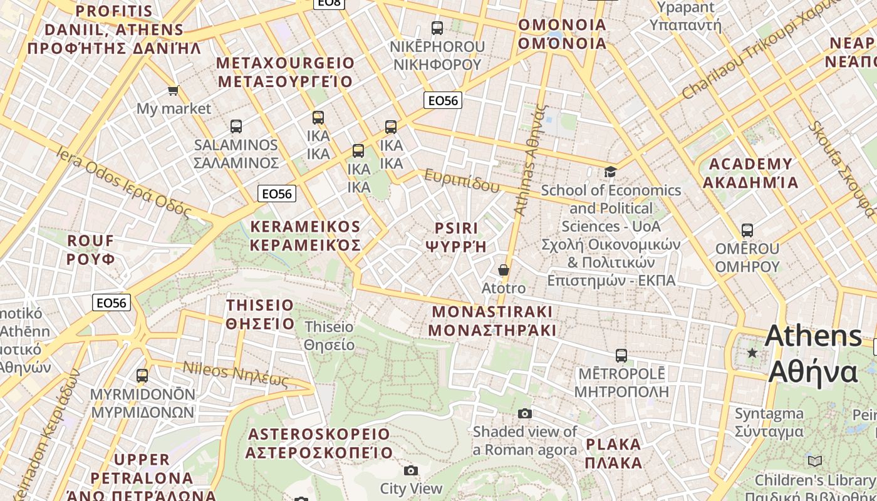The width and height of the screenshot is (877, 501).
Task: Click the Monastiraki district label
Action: coord(493,321)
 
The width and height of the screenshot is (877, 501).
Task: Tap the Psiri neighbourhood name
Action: coord(456,237)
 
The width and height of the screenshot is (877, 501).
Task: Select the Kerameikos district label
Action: coord(305,235)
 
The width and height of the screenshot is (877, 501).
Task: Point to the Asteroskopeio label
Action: coord(319,443)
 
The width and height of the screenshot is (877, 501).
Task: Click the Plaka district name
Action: coord(614,453)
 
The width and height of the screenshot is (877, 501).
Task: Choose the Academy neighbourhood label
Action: coord(750,173)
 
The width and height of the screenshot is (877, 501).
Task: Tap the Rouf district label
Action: coord(91,249)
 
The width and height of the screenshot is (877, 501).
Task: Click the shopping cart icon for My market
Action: coord(174,90)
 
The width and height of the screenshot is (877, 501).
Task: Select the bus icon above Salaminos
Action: coord(236,127)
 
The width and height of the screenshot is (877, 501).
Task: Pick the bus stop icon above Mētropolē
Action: coord(621,356)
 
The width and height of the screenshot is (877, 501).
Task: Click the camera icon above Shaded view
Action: coord(525,413)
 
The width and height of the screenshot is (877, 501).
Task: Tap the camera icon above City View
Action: coord(411,470)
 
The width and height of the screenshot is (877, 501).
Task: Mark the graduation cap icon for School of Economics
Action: coord(610,172)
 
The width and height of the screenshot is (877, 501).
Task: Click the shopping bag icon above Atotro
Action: coord(504,270)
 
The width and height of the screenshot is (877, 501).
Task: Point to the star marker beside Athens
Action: coord(752,353)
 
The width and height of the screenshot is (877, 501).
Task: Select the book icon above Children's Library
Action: coord(815,462)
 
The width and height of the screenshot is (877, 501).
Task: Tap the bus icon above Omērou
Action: coord(747,230)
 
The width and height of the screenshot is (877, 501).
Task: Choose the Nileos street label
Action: coord(236,374)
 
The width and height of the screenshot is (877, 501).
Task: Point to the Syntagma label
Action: coord(769,422)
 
